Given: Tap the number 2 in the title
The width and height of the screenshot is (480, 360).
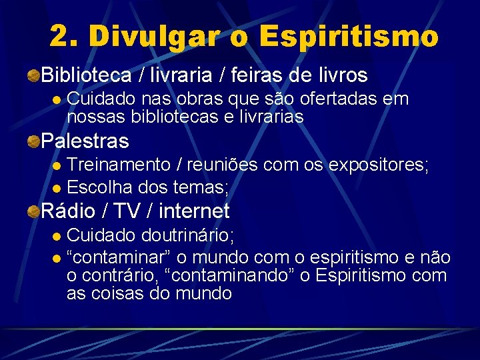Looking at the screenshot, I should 61,37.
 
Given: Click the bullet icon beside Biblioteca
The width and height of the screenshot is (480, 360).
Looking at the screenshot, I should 33,75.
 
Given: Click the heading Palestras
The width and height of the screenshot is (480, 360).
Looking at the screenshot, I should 85,141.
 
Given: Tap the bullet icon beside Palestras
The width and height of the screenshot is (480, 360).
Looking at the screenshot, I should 33,141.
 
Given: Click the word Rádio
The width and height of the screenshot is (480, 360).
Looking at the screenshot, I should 67,211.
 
